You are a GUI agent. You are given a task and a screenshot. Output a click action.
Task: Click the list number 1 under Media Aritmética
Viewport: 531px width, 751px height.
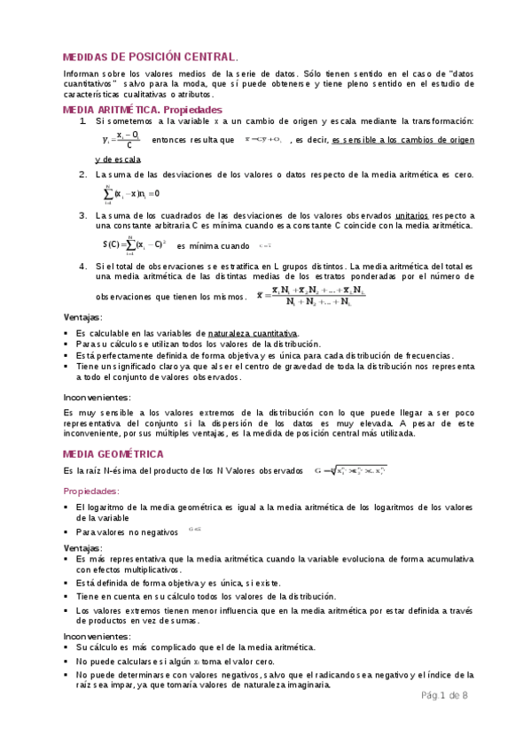82,121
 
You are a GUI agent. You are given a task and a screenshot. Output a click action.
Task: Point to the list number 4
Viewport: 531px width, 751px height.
82,266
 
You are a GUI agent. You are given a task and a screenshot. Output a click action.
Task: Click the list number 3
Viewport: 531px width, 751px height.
82,215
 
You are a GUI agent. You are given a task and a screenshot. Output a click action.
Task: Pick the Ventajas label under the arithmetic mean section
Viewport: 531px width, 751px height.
82,317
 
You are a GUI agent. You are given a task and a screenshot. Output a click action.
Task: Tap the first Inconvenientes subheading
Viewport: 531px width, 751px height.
98,397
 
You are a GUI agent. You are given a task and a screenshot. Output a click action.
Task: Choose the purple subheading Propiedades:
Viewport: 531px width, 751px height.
95,491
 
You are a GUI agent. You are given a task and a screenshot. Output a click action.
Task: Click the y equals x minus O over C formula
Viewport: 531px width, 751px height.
122,140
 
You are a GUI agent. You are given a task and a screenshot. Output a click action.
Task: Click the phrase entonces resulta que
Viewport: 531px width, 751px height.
192,140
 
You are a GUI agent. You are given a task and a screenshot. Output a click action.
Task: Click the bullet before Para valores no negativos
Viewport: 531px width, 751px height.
66,532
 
